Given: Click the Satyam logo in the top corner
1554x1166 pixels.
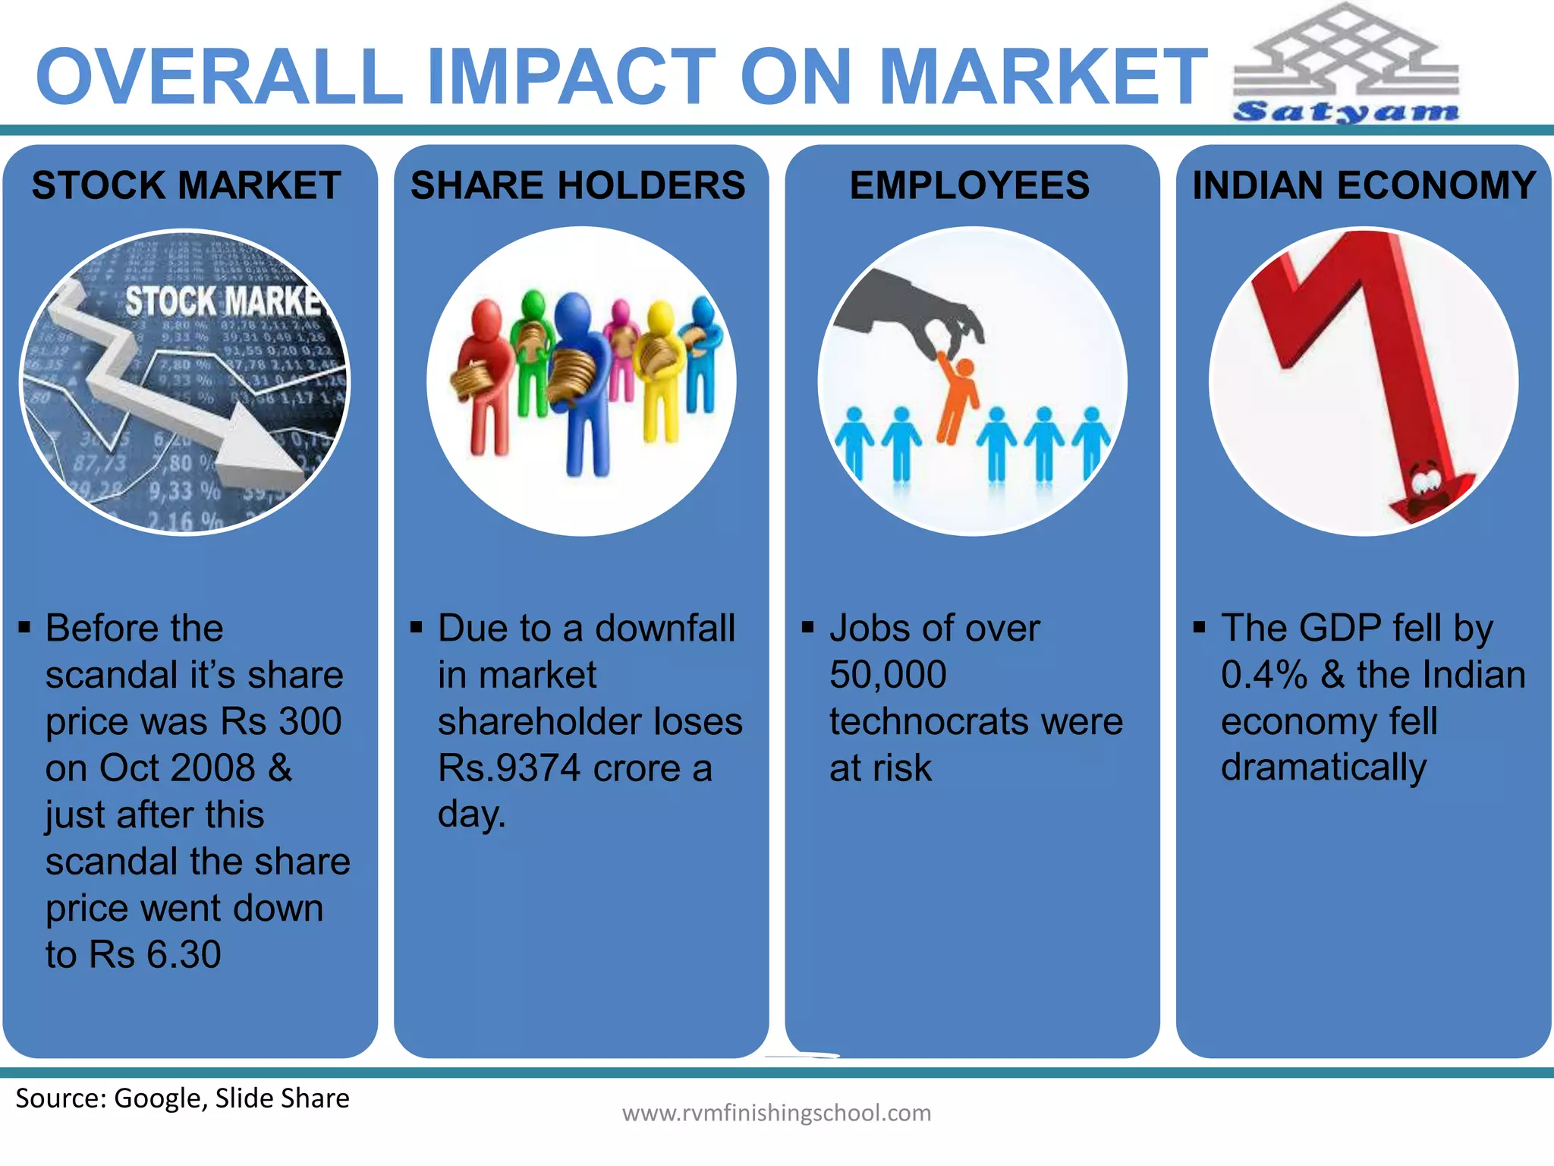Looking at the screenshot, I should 1346,65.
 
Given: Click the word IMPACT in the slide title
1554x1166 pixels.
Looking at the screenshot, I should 571,77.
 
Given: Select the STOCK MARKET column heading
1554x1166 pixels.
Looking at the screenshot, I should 187,186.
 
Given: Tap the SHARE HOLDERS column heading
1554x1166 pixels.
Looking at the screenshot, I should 578,186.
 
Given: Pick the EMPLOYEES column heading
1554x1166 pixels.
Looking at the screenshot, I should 970,186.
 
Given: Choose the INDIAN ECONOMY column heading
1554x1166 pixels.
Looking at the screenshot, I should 1364,186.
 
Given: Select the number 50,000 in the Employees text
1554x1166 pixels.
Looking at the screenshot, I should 888,675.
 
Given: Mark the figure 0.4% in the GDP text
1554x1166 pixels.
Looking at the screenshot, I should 1264,675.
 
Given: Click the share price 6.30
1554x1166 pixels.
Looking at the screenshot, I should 184,955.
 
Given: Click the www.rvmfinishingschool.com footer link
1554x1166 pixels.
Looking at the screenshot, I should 776,1113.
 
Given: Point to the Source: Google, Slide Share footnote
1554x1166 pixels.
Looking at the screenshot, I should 182,1098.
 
